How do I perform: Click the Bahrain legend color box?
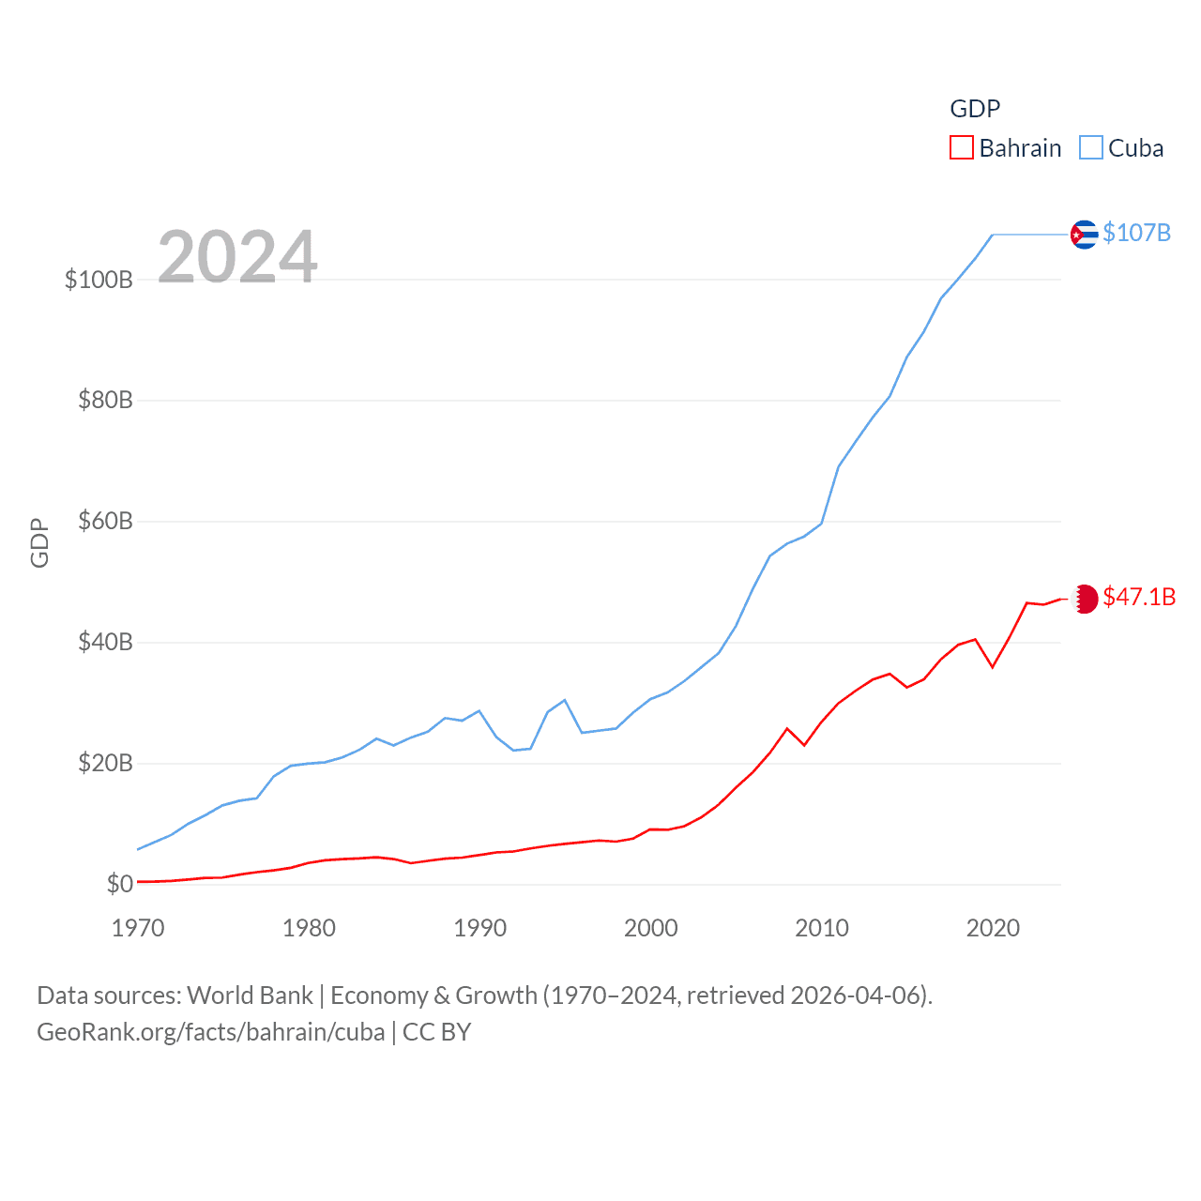click(962, 148)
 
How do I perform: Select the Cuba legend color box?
click(1091, 148)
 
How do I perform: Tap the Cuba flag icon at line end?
click(1084, 234)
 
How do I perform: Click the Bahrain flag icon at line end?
click(1085, 599)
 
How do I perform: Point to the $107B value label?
click(1136, 233)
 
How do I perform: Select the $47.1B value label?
click(1139, 598)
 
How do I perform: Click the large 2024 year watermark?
click(237, 256)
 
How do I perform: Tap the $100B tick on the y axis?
click(99, 280)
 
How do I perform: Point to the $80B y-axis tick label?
click(105, 401)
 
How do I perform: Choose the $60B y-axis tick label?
click(105, 522)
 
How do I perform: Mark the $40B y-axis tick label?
click(105, 643)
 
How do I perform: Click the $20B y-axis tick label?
click(105, 764)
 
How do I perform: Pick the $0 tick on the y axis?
click(120, 884)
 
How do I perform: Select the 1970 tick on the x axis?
click(138, 929)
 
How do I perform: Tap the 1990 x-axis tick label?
click(479, 929)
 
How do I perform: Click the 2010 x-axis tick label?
click(822, 929)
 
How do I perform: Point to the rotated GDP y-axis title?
click(39, 542)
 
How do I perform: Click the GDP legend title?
click(975, 109)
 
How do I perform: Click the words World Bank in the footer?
click(250, 996)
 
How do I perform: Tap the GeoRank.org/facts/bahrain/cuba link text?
click(211, 1033)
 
